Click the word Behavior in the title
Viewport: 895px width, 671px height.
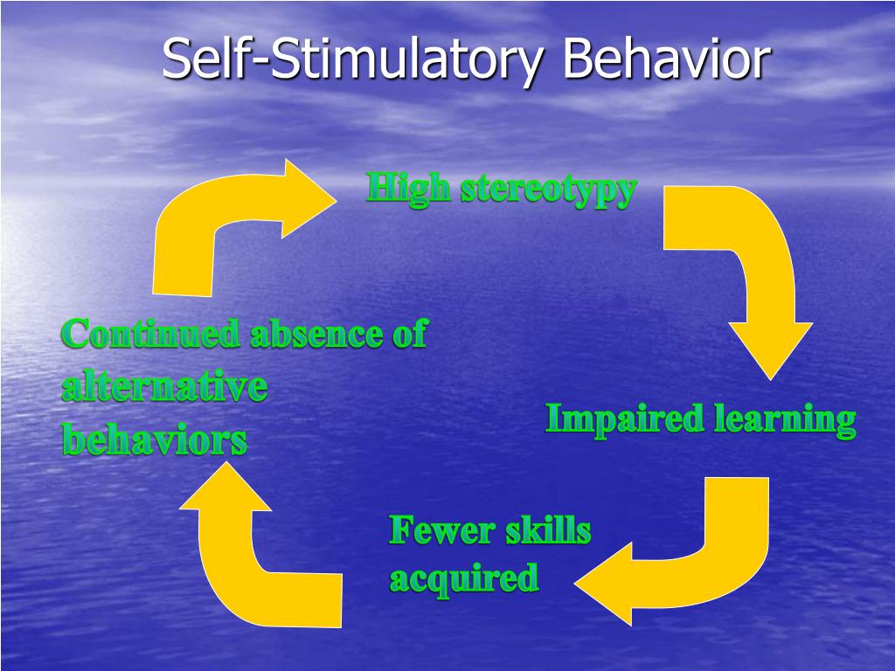(666, 59)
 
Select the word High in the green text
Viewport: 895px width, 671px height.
(408, 189)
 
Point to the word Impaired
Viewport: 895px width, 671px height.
(624, 419)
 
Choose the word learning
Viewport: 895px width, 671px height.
(784, 421)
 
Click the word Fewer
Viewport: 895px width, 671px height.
(432, 530)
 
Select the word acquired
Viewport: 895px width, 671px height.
(463, 578)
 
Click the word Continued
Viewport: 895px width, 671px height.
(150, 335)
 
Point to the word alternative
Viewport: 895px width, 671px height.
(163, 387)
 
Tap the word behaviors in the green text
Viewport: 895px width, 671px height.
(154, 439)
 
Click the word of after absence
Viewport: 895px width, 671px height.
(407, 335)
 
